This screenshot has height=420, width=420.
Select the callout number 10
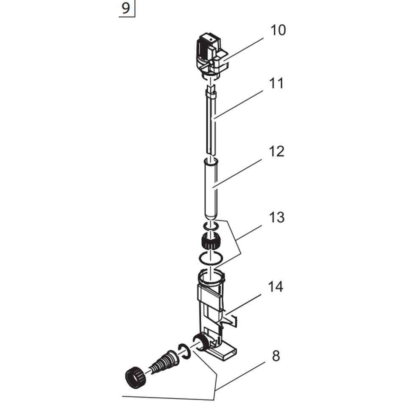click(x=278, y=31)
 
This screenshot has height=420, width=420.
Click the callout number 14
click(x=275, y=287)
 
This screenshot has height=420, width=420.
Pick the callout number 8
click(x=276, y=356)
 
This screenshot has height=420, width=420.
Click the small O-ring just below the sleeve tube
click(x=211, y=225)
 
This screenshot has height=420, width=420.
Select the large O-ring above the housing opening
click(x=211, y=257)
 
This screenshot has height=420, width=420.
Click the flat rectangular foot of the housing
click(x=224, y=351)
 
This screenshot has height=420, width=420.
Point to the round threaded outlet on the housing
click(x=199, y=342)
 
